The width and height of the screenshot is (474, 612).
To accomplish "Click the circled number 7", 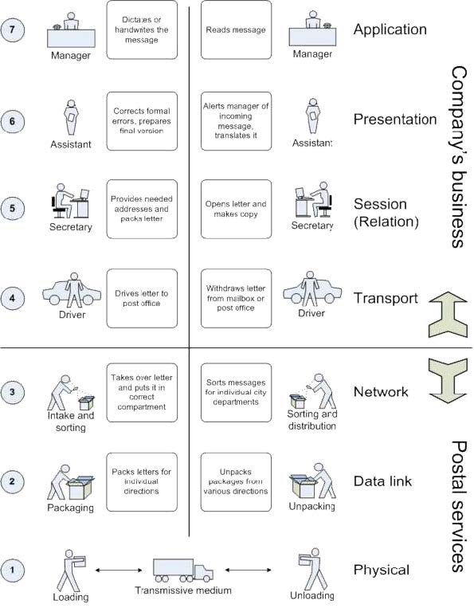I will [16, 30].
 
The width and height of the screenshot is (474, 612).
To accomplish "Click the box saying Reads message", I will [235, 30].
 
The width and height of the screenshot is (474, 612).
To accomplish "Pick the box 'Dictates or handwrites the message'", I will [141, 30].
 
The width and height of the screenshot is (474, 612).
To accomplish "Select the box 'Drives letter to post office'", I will [141, 298].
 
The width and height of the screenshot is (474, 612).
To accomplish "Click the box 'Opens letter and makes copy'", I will [235, 210].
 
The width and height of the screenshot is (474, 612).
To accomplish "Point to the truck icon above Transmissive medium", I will [183, 569].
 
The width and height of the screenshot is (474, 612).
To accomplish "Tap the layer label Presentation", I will [395, 120].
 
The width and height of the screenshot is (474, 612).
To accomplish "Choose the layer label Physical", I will [381, 570].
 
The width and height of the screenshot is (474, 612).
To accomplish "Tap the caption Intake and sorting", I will [68, 421].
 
